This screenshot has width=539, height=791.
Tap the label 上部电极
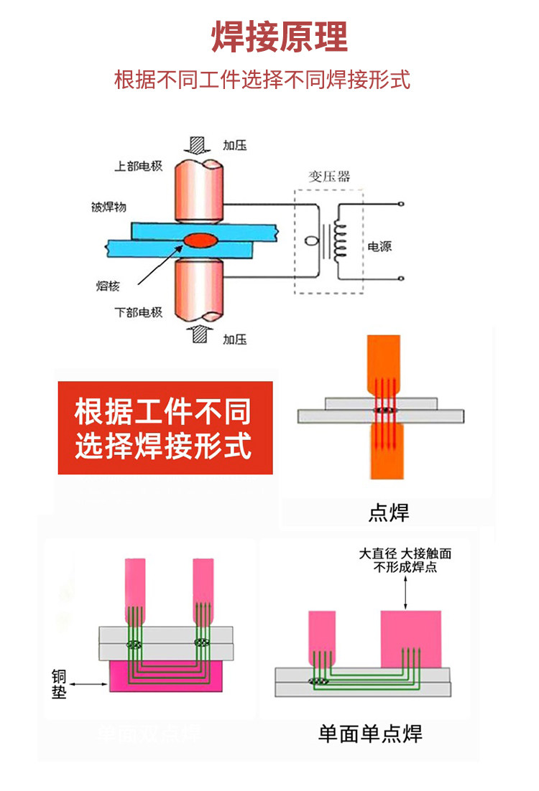138,166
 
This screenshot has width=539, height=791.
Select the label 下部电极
138,312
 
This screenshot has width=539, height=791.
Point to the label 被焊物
109,207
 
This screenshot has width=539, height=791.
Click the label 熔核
107,286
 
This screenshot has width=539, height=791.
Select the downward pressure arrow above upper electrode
197,145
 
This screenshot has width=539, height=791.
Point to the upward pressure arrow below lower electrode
198,333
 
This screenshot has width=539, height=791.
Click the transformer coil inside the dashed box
338,240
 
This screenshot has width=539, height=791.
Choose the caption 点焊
388,512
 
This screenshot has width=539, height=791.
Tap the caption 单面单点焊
370,734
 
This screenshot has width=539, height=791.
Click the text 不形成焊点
405,568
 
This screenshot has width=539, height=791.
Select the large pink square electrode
410,638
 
